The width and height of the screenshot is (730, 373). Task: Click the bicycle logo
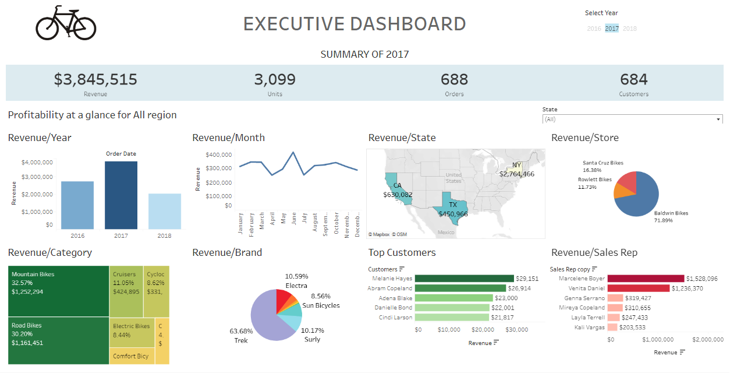click(x=66, y=23)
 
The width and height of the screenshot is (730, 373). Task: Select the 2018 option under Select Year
click(x=630, y=29)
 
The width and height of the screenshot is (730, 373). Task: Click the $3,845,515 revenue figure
click(x=95, y=80)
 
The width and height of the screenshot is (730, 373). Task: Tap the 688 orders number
click(x=454, y=80)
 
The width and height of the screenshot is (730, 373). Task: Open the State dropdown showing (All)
click(x=632, y=119)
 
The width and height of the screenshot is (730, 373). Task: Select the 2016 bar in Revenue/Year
click(x=77, y=205)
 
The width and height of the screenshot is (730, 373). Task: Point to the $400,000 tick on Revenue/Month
click(x=219, y=155)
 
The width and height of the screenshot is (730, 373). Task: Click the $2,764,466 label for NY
click(x=517, y=174)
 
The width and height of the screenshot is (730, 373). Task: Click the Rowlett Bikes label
click(x=594, y=180)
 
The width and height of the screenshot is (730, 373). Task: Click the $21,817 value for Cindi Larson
click(x=503, y=318)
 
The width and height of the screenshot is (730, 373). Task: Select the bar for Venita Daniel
click(x=638, y=288)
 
